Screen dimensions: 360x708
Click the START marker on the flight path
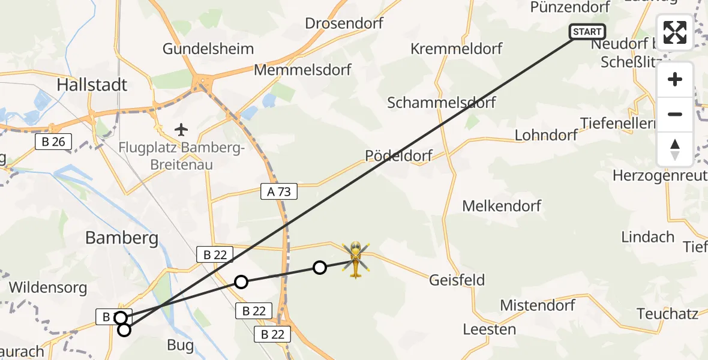pos(587,32)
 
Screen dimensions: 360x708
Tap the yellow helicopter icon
pos(355,259)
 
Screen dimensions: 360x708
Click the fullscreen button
pos(675,32)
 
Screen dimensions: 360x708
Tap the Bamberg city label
pos(122,238)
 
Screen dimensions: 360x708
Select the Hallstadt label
pos(92,85)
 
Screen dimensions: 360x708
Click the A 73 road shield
pos(279,192)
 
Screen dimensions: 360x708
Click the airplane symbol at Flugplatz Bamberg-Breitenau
pos(181,129)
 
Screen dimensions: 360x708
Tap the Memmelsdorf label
pos(302,70)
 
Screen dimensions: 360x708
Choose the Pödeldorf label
pos(398,156)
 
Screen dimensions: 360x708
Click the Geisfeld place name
pos(457,280)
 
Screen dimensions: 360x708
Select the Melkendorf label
pos(502,206)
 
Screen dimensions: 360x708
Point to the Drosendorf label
pos(344,23)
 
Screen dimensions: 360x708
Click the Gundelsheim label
pos(208,49)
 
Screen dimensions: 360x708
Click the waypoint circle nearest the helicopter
pos(320,268)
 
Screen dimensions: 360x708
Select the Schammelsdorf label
pos(442,103)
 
